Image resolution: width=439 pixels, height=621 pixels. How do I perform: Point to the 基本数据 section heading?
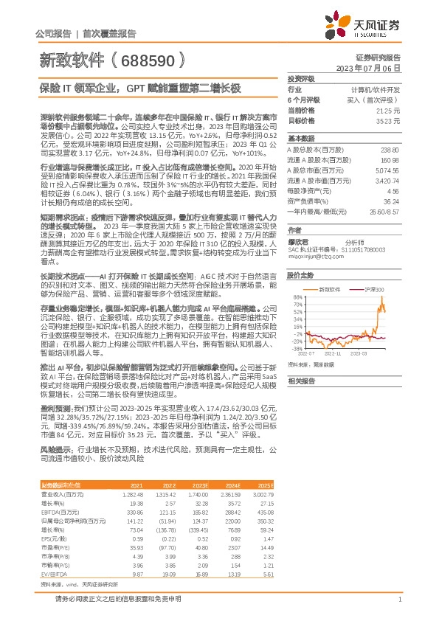click(301, 138)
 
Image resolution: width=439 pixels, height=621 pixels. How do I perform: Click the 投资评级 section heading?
click(301, 77)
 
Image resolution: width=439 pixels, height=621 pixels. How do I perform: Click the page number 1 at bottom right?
click(399, 599)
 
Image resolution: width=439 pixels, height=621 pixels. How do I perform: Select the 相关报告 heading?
click(301, 381)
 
